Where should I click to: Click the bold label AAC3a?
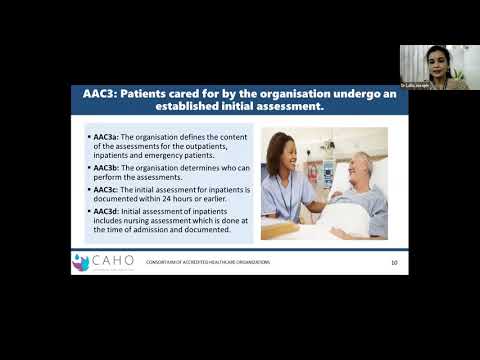105,136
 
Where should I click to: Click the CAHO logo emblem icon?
80,262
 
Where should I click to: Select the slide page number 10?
394,263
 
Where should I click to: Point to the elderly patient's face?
361,163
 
